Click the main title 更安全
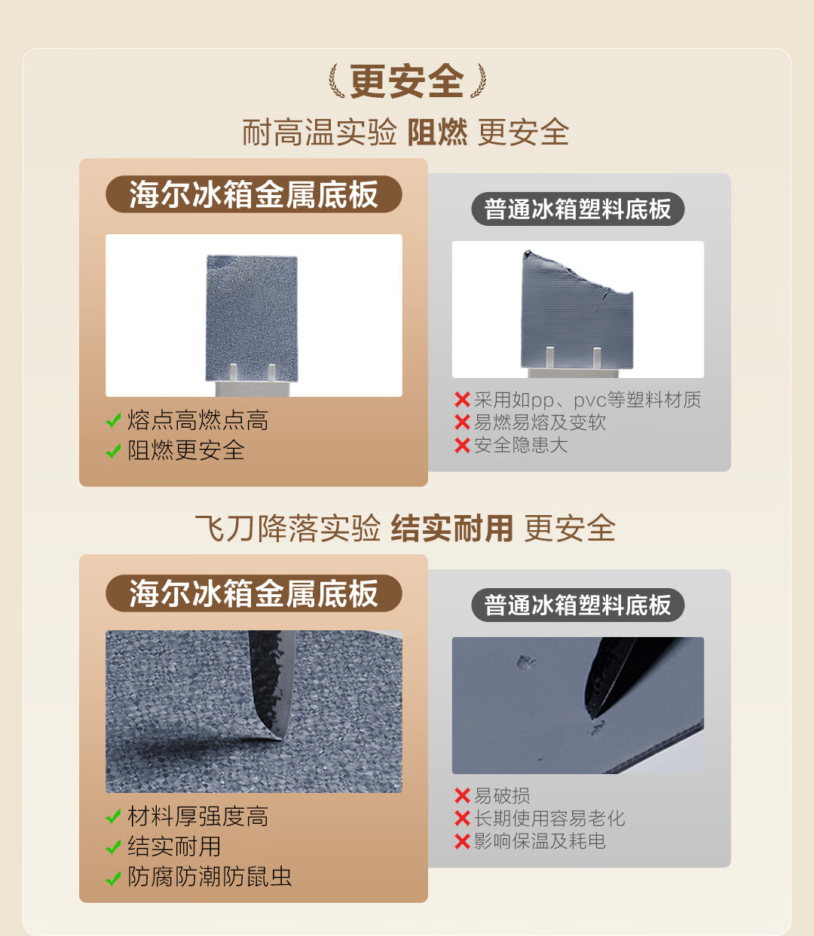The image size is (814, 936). tap(406, 81)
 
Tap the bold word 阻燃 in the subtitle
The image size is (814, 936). tap(437, 133)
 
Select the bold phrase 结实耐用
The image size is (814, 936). tap(452, 529)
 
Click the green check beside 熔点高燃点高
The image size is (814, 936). tap(113, 420)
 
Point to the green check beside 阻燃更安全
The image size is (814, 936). tap(113, 450)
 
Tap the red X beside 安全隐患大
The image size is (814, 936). tap(462, 445)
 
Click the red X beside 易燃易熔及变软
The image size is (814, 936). tap(462, 422)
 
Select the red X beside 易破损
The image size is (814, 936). tap(462, 795)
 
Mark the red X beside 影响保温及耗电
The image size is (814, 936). tap(462, 841)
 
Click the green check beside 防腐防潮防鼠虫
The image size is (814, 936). tap(113, 878)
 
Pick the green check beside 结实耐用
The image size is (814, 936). tap(113, 847)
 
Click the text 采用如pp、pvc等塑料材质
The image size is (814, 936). tap(587, 400)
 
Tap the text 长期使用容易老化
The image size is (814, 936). tap(549, 819)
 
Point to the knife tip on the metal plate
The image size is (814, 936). tap(280, 737)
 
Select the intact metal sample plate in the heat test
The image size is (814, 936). tap(252, 319)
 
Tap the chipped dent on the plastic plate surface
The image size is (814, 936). tap(527, 662)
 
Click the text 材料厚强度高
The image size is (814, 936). tap(197, 816)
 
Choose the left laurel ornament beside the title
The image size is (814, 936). tap(336, 81)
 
